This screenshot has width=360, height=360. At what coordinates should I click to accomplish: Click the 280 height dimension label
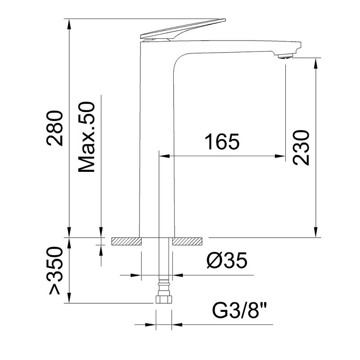pyautogui.click(x=54, y=128)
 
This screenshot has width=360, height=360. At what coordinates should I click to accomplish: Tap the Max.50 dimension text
pyautogui.click(x=86, y=137)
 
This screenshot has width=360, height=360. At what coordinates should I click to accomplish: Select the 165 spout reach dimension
pyautogui.click(x=222, y=141)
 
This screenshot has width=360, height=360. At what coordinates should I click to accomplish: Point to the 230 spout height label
pyautogui.click(x=301, y=148)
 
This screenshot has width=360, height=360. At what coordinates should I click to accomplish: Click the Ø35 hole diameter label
pyautogui.click(x=227, y=260)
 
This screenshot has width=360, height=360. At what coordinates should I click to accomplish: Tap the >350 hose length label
pyautogui.click(x=55, y=270)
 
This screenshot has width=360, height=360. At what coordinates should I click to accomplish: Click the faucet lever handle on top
pyautogui.click(x=183, y=29)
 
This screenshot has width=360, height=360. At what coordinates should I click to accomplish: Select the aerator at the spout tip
pyautogui.click(x=285, y=56)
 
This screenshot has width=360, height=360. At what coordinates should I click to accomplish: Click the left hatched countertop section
pyautogui.click(x=126, y=242)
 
